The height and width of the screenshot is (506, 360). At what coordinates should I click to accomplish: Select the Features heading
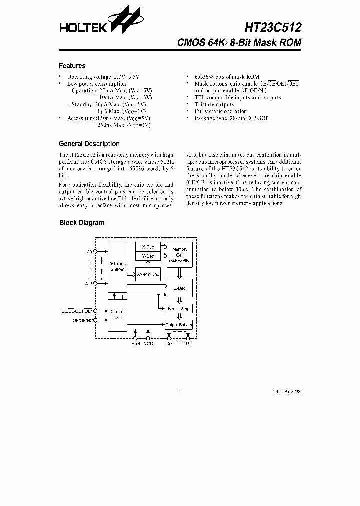click(x=72, y=66)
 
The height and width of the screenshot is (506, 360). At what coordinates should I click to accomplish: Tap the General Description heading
click(x=89, y=144)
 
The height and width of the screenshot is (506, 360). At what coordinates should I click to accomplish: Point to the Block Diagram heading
click(x=82, y=223)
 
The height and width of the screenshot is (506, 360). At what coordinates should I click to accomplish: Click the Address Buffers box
click(x=117, y=266)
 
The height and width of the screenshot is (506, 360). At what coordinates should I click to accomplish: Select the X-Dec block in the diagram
click(x=148, y=247)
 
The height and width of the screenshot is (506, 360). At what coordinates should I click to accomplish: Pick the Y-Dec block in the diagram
click(x=148, y=256)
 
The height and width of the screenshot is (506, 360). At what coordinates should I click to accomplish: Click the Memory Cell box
click(x=180, y=255)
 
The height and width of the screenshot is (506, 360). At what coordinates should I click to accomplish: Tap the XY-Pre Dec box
click(x=148, y=274)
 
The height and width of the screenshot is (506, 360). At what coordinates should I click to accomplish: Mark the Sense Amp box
click(x=178, y=309)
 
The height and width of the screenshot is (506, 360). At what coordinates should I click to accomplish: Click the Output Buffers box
click(x=178, y=325)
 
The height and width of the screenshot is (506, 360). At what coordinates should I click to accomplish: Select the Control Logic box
click(x=117, y=315)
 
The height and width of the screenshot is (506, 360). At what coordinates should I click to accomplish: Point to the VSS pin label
click(x=136, y=344)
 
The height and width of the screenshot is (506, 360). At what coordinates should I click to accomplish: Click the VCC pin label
click(x=148, y=344)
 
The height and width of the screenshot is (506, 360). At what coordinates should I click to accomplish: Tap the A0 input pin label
click(x=90, y=252)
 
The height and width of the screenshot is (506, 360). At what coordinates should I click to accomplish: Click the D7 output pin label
click(x=188, y=344)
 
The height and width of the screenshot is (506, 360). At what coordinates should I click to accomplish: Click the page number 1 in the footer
click(x=180, y=392)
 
